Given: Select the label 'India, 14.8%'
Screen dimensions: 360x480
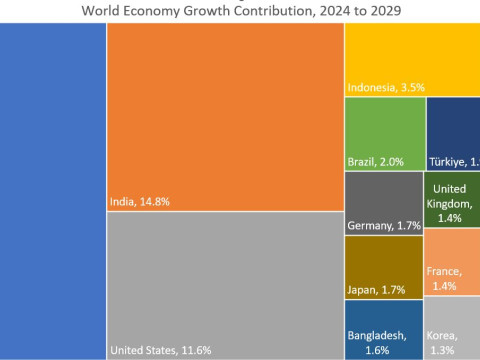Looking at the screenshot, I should [139, 201].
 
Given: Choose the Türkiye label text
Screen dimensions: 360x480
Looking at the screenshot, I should [454, 162].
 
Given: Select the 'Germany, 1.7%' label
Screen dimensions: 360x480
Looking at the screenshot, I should [383, 226].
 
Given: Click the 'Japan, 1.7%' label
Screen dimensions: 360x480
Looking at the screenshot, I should [375, 290].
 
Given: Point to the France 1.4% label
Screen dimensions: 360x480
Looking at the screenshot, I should [443, 278].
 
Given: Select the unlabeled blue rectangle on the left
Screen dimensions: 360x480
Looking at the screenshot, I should [52, 190].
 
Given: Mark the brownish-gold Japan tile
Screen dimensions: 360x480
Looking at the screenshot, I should [383, 262].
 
